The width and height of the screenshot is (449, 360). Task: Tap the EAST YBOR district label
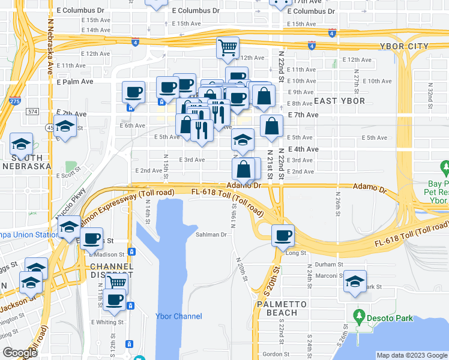click(x=339, y=101)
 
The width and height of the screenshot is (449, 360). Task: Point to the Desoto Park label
click(x=390, y=317)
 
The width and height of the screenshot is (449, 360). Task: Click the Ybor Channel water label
click(x=178, y=316)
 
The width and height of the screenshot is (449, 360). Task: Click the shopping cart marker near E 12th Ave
click(x=228, y=47)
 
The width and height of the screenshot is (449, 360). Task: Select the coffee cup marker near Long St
click(x=283, y=235)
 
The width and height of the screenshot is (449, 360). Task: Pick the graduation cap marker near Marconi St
click(x=355, y=281)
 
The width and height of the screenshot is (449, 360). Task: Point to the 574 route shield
click(x=32, y=112)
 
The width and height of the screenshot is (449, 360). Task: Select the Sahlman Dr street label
click(x=211, y=235)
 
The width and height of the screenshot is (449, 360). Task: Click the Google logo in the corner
click(x=20, y=353)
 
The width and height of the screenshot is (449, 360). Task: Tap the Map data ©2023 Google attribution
click(x=411, y=355)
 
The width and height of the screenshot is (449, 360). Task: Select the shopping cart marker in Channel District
click(x=116, y=283)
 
